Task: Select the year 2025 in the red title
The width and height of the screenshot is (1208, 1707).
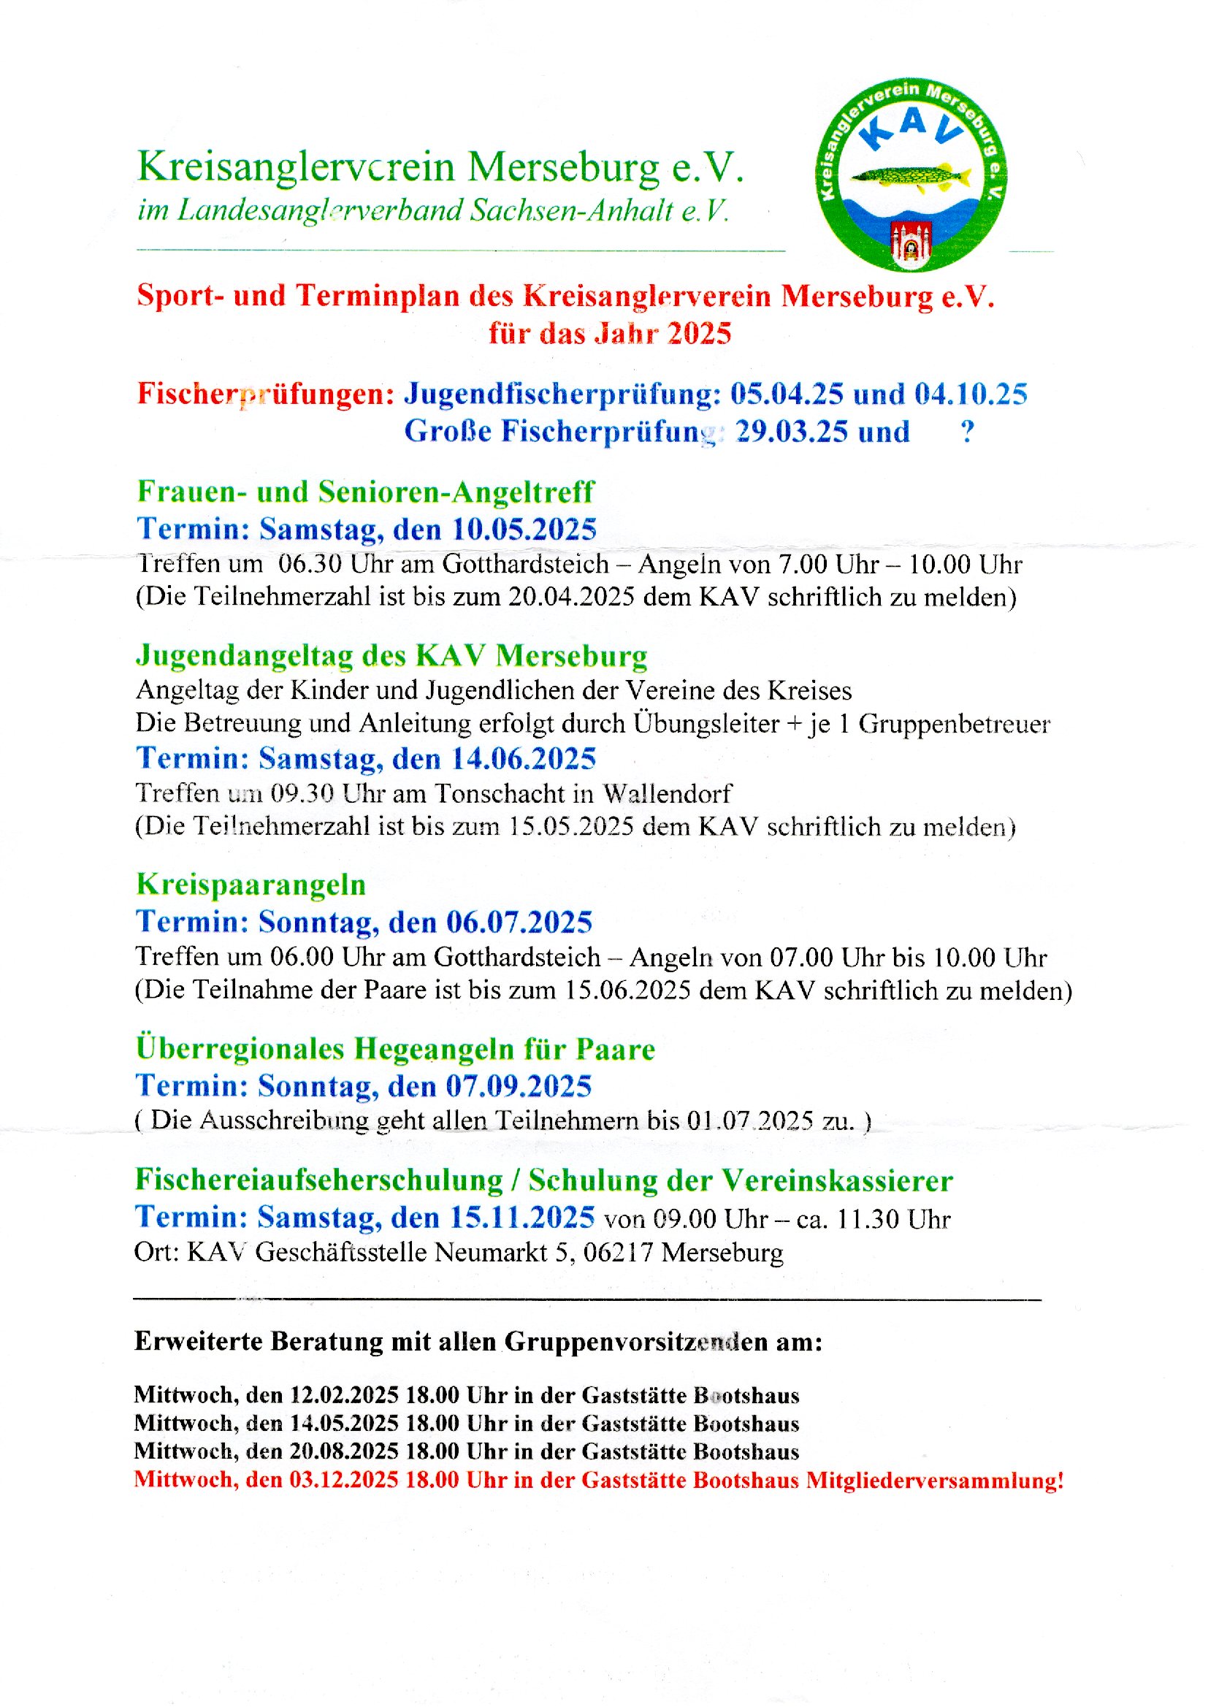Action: click(x=699, y=333)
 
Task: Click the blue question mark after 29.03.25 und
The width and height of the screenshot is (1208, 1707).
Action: click(x=967, y=432)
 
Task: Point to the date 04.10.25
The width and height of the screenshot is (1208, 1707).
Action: click(x=971, y=394)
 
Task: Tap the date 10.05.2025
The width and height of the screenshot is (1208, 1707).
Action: click(x=524, y=530)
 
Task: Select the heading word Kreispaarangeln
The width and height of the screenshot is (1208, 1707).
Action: click(x=251, y=885)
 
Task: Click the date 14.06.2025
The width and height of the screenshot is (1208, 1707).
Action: click(x=524, y=759)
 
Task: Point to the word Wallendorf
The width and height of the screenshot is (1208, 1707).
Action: click(x=668, y=794)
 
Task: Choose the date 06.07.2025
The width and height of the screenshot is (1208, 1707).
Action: click(x=519, y=923)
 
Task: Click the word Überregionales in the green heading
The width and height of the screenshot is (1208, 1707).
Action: click(x=240, y=1049)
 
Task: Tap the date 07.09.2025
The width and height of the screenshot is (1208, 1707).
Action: click(x=519, y=1086)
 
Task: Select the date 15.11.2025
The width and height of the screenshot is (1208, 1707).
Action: click(x=522, y=1218)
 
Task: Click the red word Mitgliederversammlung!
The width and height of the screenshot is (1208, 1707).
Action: click(x=935, y=1480)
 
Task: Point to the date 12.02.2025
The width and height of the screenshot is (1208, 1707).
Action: click(x=345, y=1395)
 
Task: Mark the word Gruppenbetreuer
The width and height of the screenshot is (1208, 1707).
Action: click(x=955, y=724)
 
